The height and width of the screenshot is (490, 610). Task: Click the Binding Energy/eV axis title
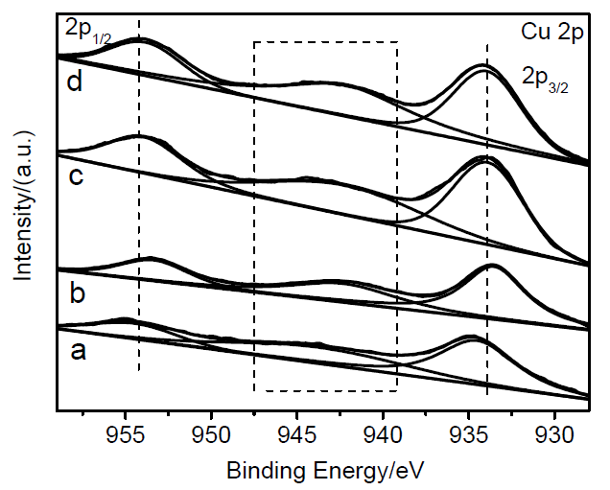pyautogui.click(x=325, y=472)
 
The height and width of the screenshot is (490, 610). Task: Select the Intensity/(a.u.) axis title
pyautogui.click(x=22, y=204)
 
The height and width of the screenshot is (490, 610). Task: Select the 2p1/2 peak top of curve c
pyautogui.click(x=139, y=138)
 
